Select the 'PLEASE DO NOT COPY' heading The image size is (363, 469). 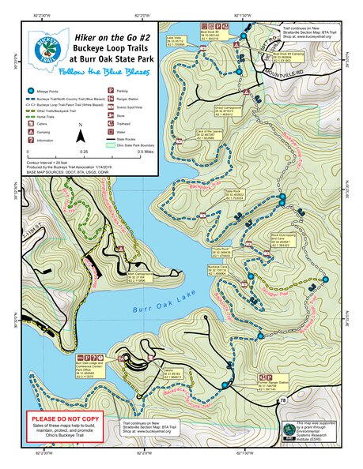click(63, 419)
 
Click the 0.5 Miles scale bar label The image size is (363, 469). click(146, 150)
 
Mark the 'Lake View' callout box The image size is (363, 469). click(176, 40)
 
